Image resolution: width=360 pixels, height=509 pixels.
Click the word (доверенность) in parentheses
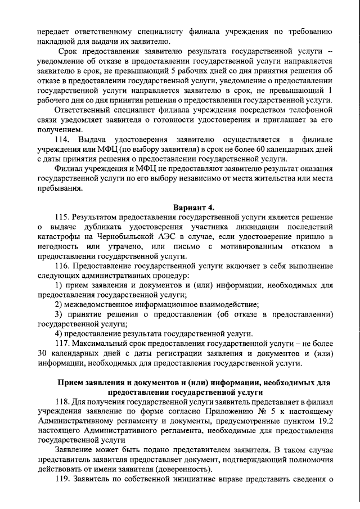tap(179, 470)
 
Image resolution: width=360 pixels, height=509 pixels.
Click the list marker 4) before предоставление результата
tap(59, 334)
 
